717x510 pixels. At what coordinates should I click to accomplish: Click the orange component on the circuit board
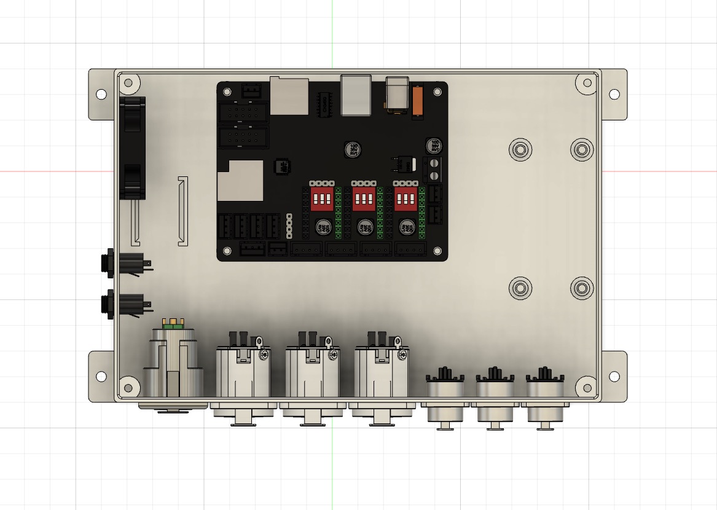click(x=418, y=101)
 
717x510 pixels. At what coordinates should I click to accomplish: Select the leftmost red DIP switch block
click(x=322, y=198)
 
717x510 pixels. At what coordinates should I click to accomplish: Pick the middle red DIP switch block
click(x=364, y=198)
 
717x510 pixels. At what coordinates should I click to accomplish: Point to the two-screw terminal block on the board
click(x=434, y=170)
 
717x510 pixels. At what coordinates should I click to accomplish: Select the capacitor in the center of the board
click(x=352, y=149)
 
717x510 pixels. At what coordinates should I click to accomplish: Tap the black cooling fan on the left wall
click(x=133, y=147)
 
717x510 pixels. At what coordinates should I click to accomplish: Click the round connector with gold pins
click(x=173, y=363)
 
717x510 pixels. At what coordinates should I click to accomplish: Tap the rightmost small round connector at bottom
click(x=543, y=393)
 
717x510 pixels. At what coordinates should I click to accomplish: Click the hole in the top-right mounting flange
click(x=613, y=94)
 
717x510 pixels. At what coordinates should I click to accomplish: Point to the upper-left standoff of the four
click(x=520, y=149)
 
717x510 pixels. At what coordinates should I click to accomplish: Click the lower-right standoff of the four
click(x=582, y=288)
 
